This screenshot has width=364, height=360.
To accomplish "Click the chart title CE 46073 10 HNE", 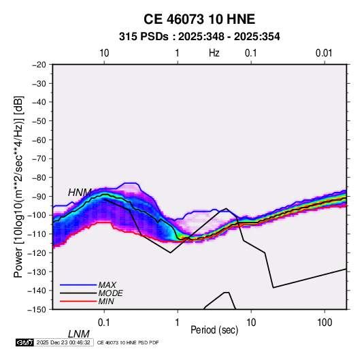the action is coord(199,19).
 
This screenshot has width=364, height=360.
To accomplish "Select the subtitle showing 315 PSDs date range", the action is coord(199,37).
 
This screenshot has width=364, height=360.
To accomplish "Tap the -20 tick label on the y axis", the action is coord(39,65).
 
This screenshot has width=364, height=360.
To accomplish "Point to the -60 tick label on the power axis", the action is coord(39,140).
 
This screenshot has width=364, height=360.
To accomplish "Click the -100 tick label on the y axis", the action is coord(37,215).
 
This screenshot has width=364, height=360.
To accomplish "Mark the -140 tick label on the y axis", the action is coord(37,291).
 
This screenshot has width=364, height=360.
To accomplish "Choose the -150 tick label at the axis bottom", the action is coord(37,310).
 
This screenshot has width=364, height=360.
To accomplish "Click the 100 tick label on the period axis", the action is coord(325,323).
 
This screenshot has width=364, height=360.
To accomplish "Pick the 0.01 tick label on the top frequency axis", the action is coord(324,53).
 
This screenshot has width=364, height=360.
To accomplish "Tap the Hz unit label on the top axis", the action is coord(214,53).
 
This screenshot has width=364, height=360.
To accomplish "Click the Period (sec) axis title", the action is coord(214,329).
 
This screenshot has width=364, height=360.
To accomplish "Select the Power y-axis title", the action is coord(18,187).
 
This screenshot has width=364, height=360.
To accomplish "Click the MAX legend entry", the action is coord(107,284).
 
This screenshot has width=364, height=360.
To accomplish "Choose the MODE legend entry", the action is coord(110,293).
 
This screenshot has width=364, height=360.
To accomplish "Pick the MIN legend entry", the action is coord(106,301).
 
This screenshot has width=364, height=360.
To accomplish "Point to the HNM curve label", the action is coord(80,193).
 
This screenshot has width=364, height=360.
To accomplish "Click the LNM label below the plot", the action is coord(78,334).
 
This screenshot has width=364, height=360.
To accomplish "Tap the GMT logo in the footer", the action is coord(24,342).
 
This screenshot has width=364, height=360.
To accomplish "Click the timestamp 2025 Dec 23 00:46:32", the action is coord(63,342).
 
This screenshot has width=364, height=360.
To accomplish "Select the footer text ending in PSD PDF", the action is coord(128,342).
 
